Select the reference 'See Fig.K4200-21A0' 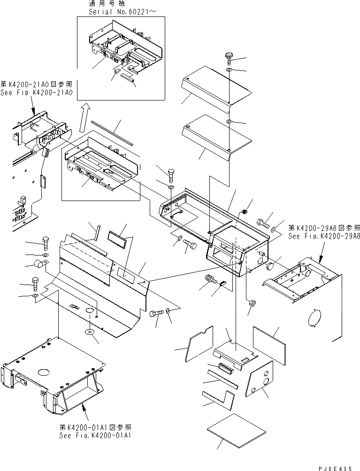[x=36, y=93]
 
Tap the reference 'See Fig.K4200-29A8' [x=324, y=237]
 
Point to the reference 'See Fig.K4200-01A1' [x=95, y=435]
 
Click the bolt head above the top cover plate [x=229, y=57]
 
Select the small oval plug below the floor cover [x=90, y=332]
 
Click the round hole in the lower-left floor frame [x=43, y=372]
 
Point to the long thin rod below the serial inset [x=112, y=133]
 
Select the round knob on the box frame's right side [x=270, y=266]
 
